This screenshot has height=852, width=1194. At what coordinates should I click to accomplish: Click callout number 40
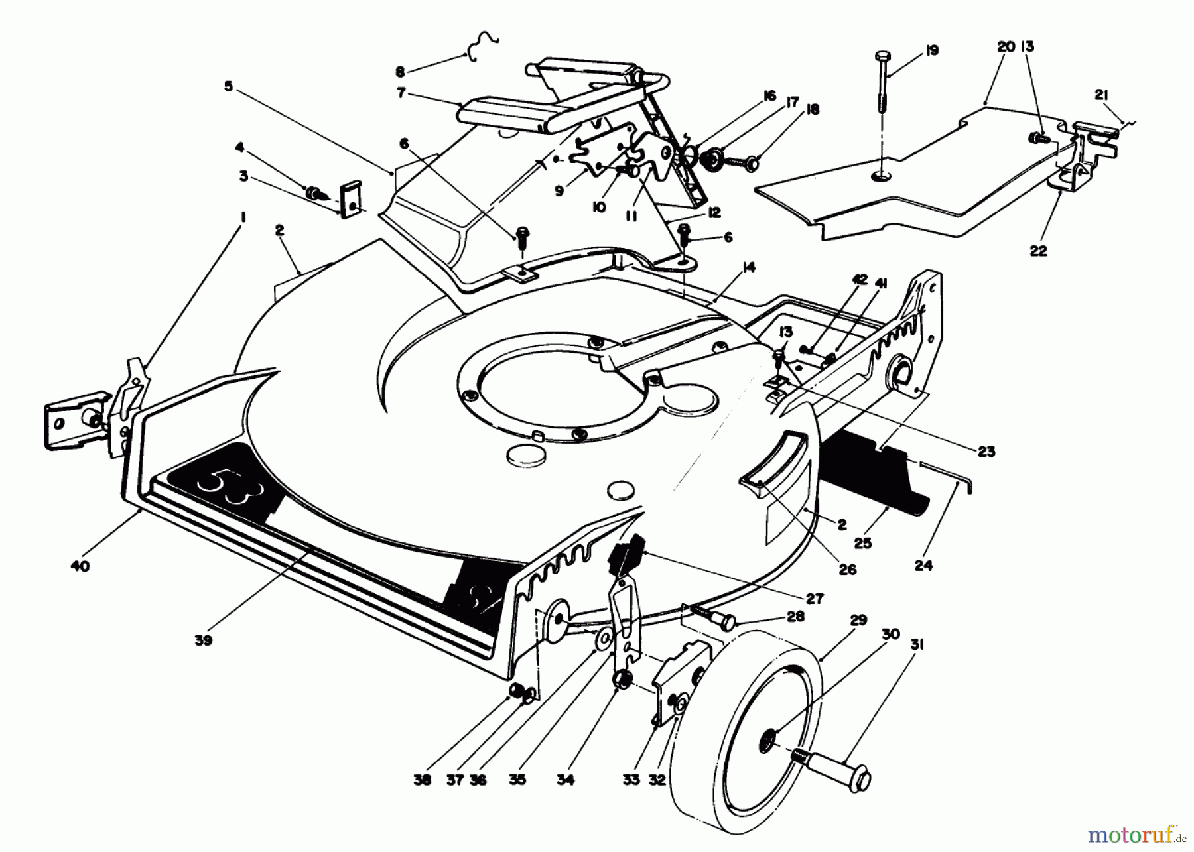pyautogui.click(x=80, y=566)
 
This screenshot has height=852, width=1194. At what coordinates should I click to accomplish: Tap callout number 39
pyautogui.click(x=204, y=640)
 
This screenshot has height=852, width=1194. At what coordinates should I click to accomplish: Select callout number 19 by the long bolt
pyautogui.click(x=932, y=50)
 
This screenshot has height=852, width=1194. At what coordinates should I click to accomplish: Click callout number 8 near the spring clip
pyautogui.click(x=399, y=70)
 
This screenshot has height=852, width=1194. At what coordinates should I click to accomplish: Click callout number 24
pyautogui.click(x=923, y=565)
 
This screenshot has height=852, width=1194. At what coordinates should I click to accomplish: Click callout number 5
pyautogui.click(x=228, y=87)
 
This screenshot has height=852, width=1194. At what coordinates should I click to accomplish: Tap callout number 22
pyautogui.click(x=1038, y=251)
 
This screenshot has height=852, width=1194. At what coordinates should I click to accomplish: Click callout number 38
pyautogui.click(x=423, y=780)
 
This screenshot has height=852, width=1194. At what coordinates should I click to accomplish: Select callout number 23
pyautogui.click(x=986, y=452)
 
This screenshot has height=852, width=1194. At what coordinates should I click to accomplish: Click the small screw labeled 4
pyautogui.click(x=315, y=193)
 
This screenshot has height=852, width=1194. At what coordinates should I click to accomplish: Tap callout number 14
pyautogui.click(x=749, y=267)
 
